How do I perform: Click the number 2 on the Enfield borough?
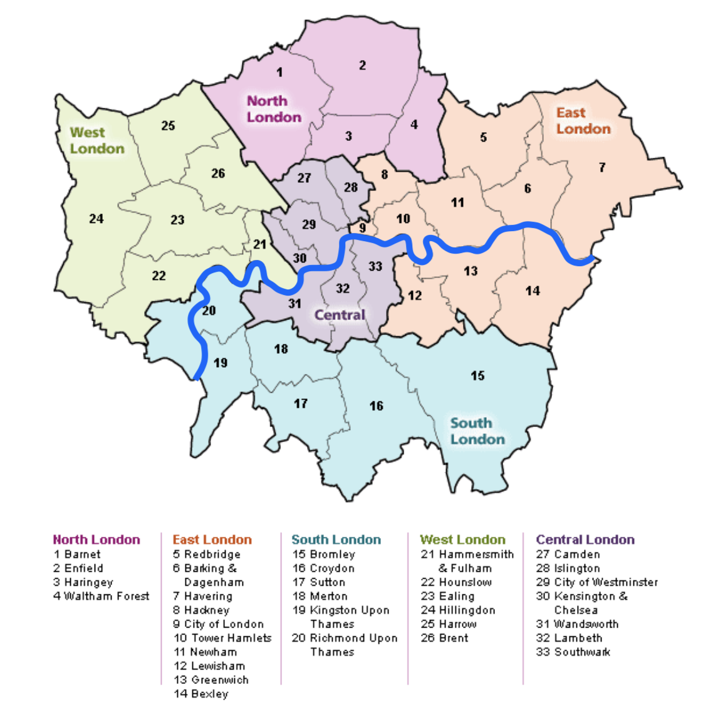pos(362,65)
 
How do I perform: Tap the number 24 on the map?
pos(96,219)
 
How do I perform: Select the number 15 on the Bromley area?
pos(477,376)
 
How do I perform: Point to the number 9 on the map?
pos(362,229)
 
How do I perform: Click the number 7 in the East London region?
pos(601,167)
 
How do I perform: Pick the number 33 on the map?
pos(375,266)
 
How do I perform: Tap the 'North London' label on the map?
pos(274,109)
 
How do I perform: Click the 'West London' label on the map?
pos(97,140)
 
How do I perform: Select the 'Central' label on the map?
pos(340,315)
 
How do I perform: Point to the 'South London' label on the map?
pos(477,431)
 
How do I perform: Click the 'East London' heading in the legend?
pos(212,539)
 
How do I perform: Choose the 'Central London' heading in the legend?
pos(585,539)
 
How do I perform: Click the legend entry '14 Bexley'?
pos(201,694)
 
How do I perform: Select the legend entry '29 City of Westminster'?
pos(597,582)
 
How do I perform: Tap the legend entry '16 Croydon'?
pos(323,568)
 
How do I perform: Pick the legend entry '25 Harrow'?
pos(449,624)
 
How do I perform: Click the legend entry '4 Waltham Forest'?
pos(102,596)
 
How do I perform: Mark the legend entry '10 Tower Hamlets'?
pos(223,638)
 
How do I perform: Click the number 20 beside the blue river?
pos(209,311)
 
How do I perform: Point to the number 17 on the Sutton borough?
pos(301,404)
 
